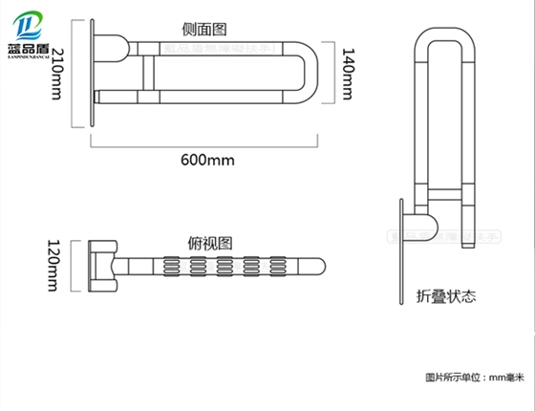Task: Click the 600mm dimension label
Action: coord(206,160)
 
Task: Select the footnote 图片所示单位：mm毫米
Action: coord(475,379)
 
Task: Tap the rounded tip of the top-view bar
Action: coord(323,264)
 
